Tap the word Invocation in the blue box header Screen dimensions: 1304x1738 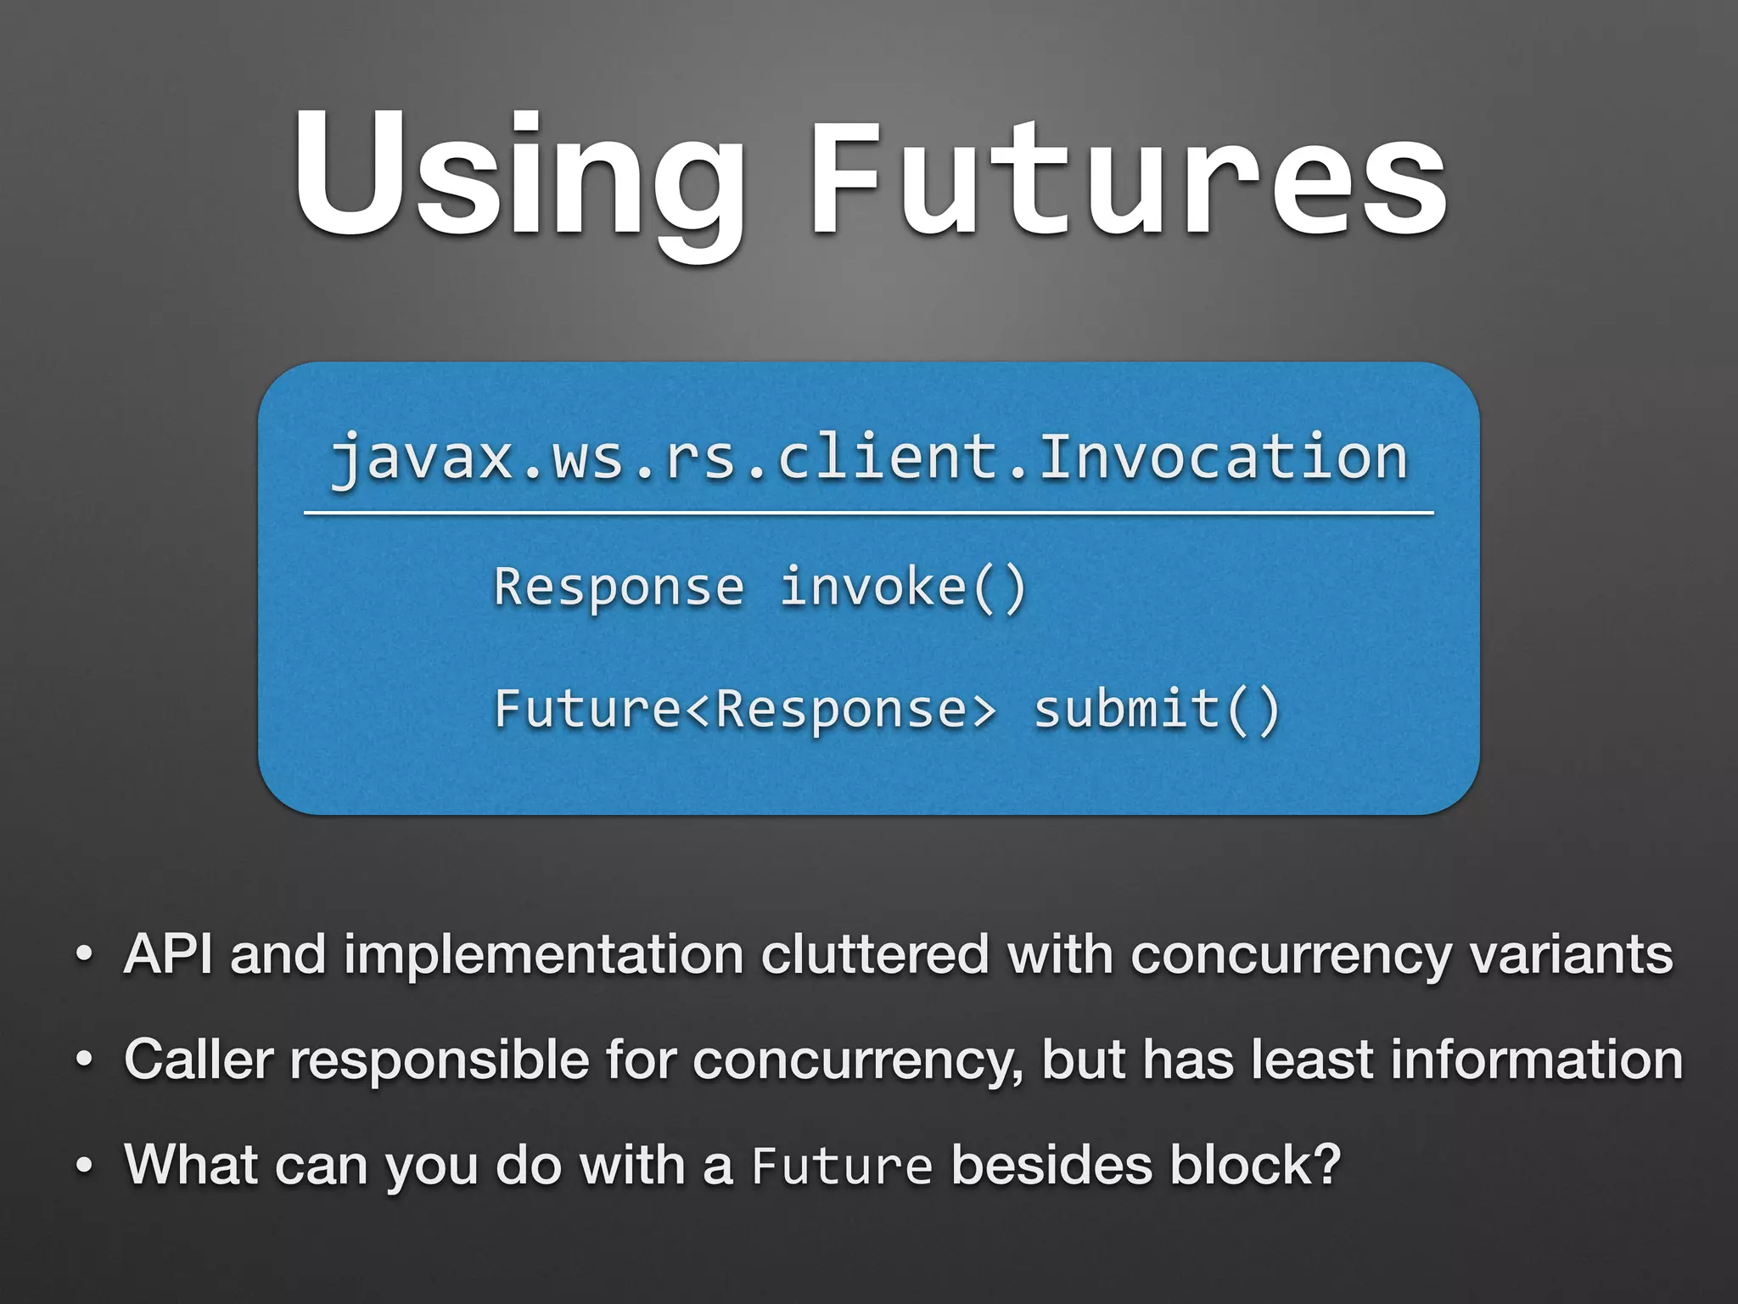[x=1223, y=458]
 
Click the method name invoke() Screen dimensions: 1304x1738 [x=903, y=587]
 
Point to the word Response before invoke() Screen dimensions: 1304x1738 [x=619, y=587]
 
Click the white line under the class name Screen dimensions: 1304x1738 [x=868, y=514]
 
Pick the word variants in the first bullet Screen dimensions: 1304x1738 [x=1570, y=954]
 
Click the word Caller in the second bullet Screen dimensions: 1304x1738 [x=199, y=1059]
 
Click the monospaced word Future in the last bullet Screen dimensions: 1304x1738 [x=842, y=1166]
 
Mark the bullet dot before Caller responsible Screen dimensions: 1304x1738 [x=83, y=1061]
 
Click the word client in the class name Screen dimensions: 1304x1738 [x=888, y=458]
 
